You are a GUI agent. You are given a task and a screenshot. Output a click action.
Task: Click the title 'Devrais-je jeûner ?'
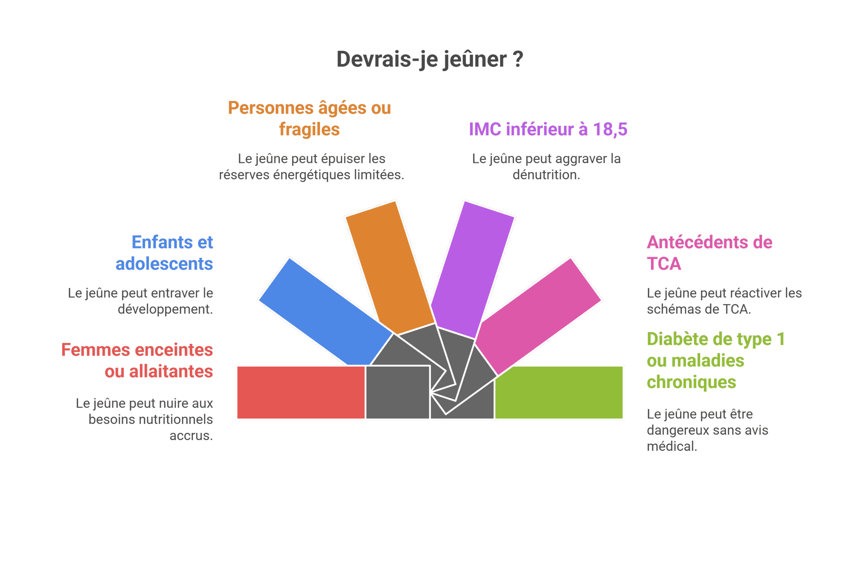pos(430,59)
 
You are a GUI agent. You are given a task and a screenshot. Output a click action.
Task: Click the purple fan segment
pos(472,269)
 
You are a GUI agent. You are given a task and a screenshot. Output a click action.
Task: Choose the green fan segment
pos(559,393)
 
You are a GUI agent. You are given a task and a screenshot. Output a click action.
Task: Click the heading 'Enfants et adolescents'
pos(164,253)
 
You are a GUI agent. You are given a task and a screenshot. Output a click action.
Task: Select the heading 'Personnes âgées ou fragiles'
pos(309,119)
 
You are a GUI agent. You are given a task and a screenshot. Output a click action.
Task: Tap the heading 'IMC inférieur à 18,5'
pos(548,129)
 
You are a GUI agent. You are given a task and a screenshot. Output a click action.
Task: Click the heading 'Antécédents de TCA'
pos(709,253)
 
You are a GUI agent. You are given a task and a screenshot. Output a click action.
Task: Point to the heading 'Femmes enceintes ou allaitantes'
pos(137,360)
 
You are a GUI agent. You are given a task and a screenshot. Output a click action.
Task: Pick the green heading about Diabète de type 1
pos(716,360)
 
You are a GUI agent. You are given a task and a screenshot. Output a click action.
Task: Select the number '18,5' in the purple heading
pos(610,129)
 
